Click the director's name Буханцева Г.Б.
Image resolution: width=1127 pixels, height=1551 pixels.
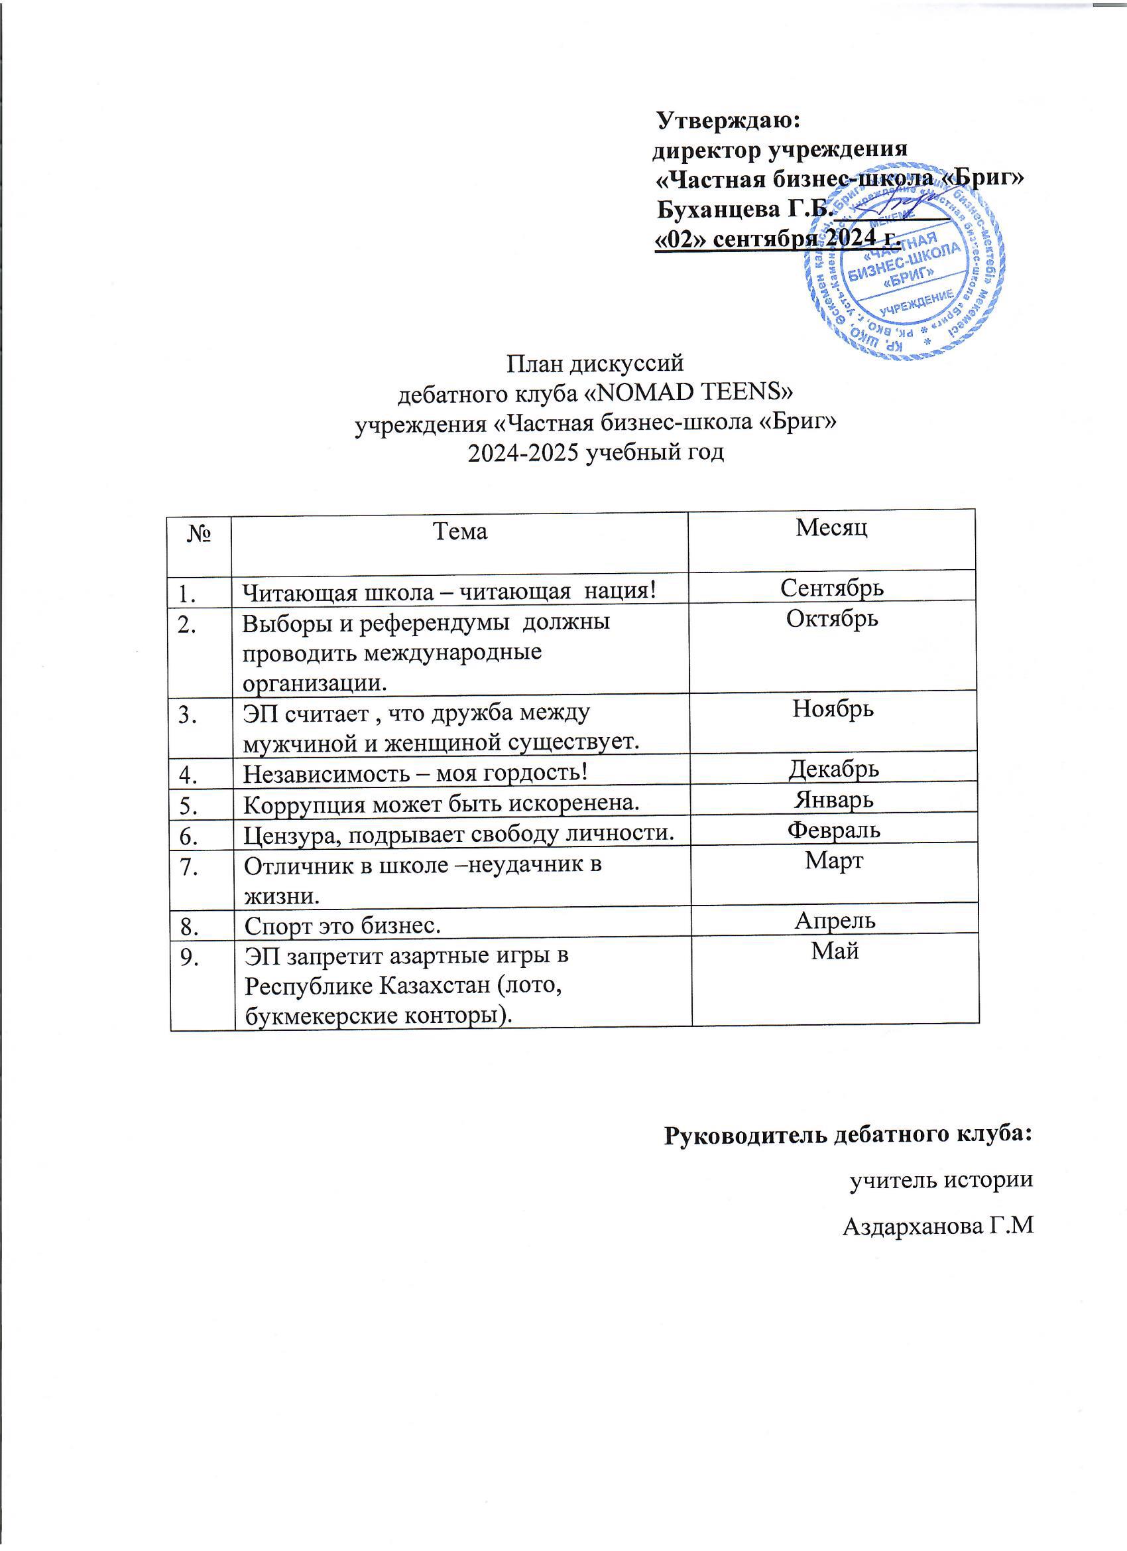[742, 209]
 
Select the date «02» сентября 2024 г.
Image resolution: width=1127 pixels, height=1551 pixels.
[776, 238]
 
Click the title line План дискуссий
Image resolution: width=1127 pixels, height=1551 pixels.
[595, 362]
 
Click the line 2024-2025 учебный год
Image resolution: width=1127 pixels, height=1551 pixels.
[595, 452]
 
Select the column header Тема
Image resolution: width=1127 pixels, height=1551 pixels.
[460, 531]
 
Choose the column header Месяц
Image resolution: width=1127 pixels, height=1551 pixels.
[832, 527]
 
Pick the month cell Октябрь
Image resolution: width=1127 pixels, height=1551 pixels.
[832, 618]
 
